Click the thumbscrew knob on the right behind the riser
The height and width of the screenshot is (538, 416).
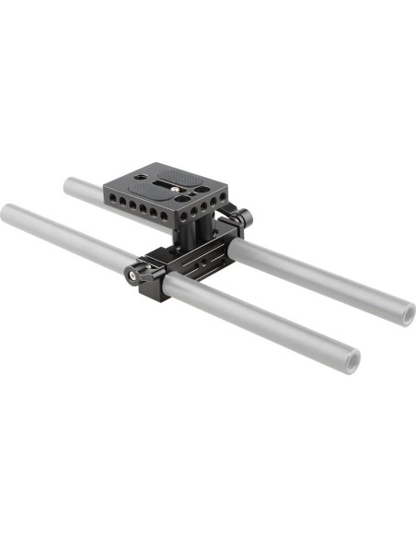coord(247,219)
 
